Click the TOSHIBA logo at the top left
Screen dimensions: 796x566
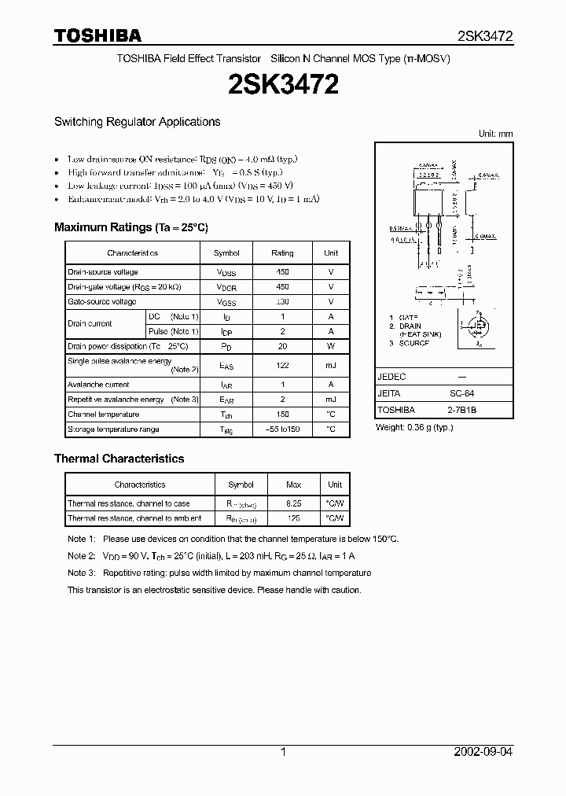coord(97,35)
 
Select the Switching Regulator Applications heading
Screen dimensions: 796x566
coord(137,122)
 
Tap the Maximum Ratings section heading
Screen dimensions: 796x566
coord(130,227)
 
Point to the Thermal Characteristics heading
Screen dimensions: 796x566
coord(119,459)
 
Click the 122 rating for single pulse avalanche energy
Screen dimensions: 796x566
coord(282,365)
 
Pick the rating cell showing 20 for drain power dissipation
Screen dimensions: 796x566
coord(282,346)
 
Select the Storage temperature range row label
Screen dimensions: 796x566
coord(113,429)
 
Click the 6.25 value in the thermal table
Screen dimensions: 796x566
coord(293,503)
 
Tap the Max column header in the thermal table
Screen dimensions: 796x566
coord(293,485)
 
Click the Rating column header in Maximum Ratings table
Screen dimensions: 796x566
coord(282,253)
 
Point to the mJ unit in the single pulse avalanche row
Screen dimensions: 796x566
coord(331,365)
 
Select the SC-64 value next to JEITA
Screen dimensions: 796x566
coord(461,393)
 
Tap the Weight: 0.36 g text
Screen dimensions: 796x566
coord(414,427)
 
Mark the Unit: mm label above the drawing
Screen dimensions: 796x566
coord(495,134)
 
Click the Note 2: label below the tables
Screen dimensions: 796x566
coord(81,555)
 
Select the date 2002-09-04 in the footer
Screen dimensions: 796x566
coord(483,752)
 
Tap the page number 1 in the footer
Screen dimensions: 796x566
coord(283,752)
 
